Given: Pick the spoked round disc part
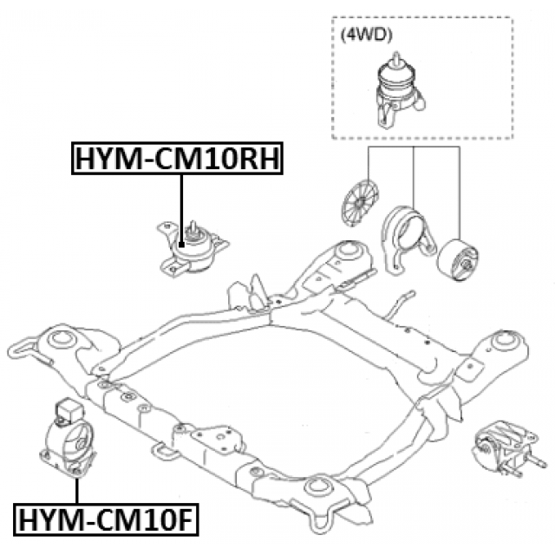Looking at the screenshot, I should click(x=358, y=201).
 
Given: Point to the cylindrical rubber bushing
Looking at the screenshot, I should click(x=458, y=258).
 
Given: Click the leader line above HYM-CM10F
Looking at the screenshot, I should click(x=77, y=486).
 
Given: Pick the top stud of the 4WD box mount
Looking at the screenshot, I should click(x=397, y=58).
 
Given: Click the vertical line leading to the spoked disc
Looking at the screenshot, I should click(x=369, y=164).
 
